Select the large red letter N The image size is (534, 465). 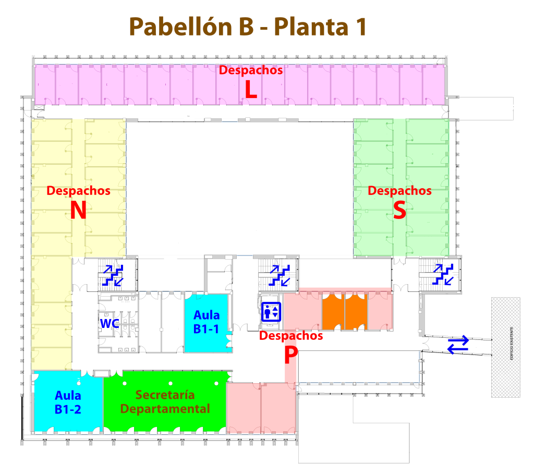78,210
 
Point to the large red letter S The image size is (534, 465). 399,210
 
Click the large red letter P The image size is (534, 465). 290,356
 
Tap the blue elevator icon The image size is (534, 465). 271,312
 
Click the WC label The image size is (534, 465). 110,323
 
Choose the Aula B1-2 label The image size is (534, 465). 68,402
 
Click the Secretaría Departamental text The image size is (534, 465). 165,401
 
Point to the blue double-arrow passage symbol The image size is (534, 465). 458,345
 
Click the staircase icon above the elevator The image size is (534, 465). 274,275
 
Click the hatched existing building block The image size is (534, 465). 505,347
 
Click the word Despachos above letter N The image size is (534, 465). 78,191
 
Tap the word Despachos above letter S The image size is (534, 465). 399,191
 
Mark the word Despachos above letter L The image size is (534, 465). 251,70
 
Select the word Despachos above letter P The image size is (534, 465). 291,336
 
